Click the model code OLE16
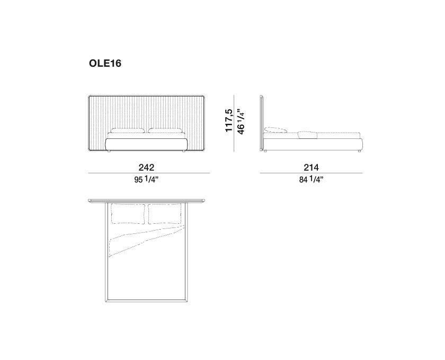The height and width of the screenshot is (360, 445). coord(105,64)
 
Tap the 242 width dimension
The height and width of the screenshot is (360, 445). coord(146,168)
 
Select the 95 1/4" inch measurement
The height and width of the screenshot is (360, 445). coord(146,180)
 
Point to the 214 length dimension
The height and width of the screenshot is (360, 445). coord(311,168)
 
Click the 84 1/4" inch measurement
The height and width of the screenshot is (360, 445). coord(311,180)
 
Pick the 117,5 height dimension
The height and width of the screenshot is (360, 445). coord(229,120)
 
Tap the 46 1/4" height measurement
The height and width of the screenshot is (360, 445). coord(240,122)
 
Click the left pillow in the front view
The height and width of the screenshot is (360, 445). coord(128,131)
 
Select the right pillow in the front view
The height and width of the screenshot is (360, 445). coord(165,131)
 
